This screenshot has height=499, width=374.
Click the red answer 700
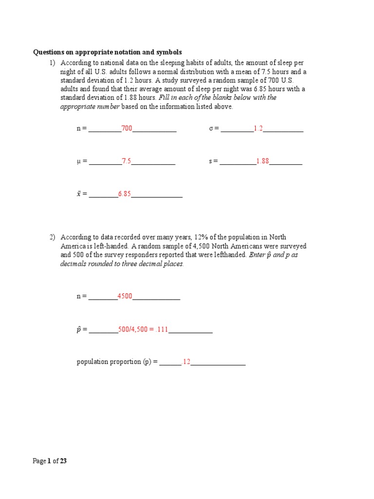127,129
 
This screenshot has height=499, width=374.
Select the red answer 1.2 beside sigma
258,129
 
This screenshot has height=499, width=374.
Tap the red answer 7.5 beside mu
126,161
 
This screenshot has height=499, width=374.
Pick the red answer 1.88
262,161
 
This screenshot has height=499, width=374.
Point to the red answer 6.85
124,194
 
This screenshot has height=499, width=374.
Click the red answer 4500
125,296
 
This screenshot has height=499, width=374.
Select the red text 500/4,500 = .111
143,329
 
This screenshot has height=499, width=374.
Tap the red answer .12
186,362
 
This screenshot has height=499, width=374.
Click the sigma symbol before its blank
211,129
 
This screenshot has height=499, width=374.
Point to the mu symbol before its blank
79,162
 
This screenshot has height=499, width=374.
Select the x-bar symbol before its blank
79,194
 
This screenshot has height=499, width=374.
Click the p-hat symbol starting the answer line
79,330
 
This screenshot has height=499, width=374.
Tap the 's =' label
213,161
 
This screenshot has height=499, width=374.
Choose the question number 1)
53,63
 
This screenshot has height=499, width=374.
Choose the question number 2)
53,237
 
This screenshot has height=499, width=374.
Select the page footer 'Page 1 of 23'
50,461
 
